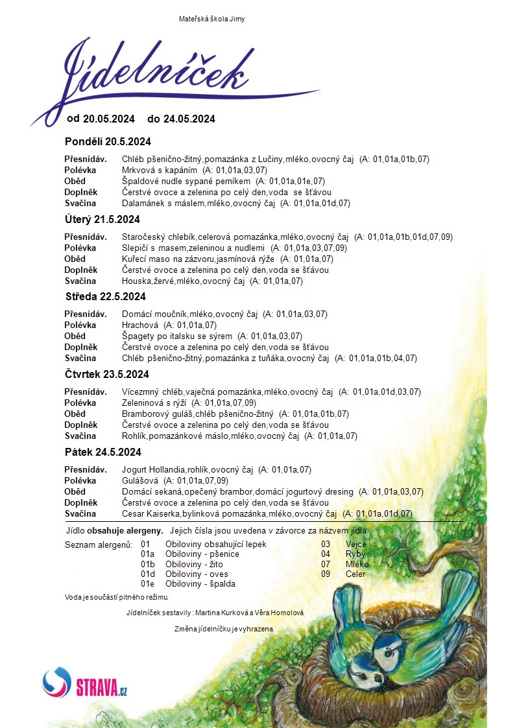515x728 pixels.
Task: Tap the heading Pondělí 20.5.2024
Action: coord(108,141)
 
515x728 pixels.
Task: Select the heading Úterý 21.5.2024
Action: coord(102,219)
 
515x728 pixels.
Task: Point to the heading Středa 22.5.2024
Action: coord(105,296)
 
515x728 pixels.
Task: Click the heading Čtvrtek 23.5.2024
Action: coord(107,374)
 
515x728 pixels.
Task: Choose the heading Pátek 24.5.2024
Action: coord(103,452)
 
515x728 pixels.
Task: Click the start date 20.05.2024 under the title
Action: coord(109,119)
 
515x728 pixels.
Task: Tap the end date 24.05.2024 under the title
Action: coord(189,119)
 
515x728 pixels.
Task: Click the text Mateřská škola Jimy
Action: coord(211,19)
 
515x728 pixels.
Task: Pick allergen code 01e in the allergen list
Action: coord(147,583)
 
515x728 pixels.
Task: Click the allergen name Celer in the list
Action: coord(355,574)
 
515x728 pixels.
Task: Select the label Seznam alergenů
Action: coord(99,544)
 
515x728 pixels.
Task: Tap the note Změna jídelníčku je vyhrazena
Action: coord(224,629)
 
